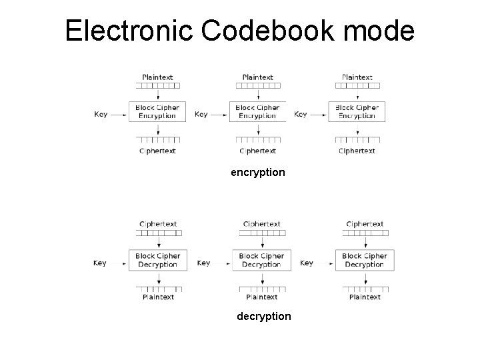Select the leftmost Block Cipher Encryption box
point(157,111)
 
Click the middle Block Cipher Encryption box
point(257,111)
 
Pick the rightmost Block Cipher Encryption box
point(357,111)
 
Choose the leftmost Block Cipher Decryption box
point(157,260)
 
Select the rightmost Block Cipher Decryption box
point(364,260)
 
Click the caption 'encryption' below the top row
point(257,173)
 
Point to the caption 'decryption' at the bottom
point(264,316)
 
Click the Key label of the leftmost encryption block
point(101,115)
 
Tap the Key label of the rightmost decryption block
point(307,263)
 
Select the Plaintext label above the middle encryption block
point(257,77)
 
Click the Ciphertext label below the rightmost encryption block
point(357,151)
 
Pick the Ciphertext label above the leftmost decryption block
point(158,225)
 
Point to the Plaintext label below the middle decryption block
point(261,297)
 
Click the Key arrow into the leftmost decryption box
point(118,263)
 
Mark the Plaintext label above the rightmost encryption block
point(357,77)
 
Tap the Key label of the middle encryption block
point(201,115)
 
